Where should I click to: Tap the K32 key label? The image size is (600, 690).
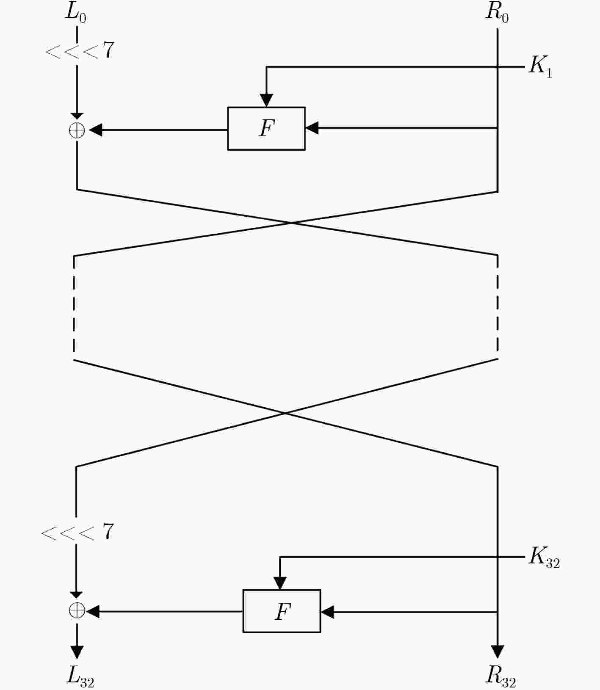(x=544, y=558)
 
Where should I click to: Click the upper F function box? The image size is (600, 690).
(x=266, y=129)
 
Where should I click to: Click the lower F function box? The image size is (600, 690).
(x=282, y=611)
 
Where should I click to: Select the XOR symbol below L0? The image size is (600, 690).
(x=77, y=130)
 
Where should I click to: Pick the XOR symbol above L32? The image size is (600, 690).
(x=77, y=611)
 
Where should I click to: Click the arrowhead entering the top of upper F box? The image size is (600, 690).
(x=266, y=100)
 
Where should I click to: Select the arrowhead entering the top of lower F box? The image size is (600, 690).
(x=280, y=583)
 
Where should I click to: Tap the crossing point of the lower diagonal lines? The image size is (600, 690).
(x=285, y=413)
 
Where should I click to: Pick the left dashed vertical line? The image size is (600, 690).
(x=74, y=304)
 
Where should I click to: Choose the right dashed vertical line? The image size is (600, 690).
(x=497, y=304)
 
